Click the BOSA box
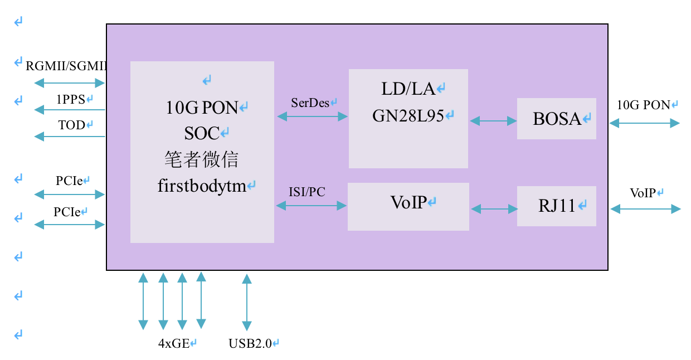[557, 119]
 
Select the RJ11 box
[557, 206]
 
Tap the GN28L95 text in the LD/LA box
[408, 116]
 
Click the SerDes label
[310, 103]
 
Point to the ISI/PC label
[307, 192]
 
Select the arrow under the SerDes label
[312, 116]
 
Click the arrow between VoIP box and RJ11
[494, 209]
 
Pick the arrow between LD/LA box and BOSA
[493, 120]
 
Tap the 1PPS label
[71, 99]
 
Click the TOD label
[71, 125]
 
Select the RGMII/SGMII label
[66, 66]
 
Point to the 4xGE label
[174, 343]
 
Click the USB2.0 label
[250, 343]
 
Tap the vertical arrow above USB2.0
[247, 302]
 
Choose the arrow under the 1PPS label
[70, 110]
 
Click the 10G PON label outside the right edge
[644, 105]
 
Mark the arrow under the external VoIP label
[645, 209]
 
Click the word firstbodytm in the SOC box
[202, 186]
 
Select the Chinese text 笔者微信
[201, 159]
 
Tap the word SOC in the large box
[202, 133]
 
